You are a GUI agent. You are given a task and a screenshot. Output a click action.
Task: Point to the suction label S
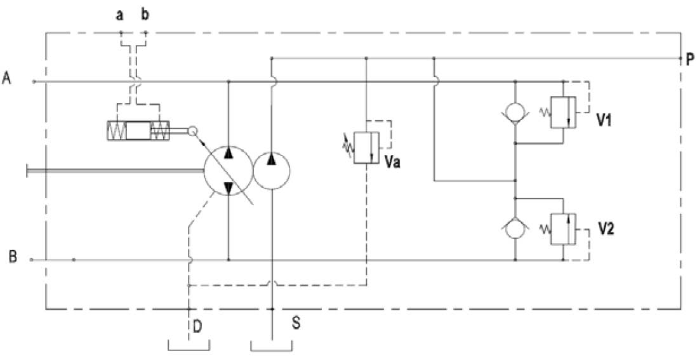pyautogui.click(x=295, y=323)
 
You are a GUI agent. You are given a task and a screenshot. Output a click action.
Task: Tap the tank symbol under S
pyautogui.click(x=272, y=346)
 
